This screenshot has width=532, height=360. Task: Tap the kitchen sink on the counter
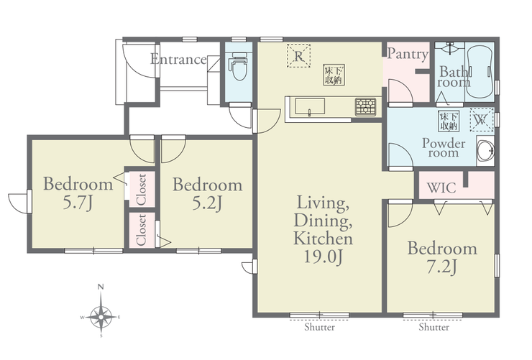pyautogui.click(x=310, y=106)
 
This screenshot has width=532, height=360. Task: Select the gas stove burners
pyautogui.click(x=365, y=107)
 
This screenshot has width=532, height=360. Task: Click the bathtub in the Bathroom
pyautogui.click(x=479, y=72)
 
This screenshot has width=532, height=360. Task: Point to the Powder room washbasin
pyautogui.click(x=485, y=151)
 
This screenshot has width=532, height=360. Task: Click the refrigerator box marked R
pyautogui.click(x=298, y=56)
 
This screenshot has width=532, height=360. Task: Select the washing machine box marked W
pyautogui.click(x=481, y=120)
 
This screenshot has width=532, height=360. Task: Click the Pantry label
pyautogui.click(x=408, y=54)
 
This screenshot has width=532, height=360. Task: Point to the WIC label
pyautogui.click(x=441, y=188)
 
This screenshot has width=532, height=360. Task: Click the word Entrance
pyautogui.click(x=178, y=59)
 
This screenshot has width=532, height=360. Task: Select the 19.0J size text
pyautogui.click(x=322, y=257)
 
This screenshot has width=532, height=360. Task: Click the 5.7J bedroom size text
pyautogui.click(x=78, y=203)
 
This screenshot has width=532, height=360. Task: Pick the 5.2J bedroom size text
pyautogui.click(x=207, y=203)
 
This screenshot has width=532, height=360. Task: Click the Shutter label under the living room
pyautogui.click(x=320, y=327)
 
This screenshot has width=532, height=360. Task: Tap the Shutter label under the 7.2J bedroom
pyautogui.click(x=434, y=327)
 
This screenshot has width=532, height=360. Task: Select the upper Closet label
pyautogui.click(x=141, y=190)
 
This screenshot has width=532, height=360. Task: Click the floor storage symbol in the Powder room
pyautogui.click(x=449, y=121)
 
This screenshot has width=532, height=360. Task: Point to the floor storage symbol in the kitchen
pyautogui.click(x=334, y=75)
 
